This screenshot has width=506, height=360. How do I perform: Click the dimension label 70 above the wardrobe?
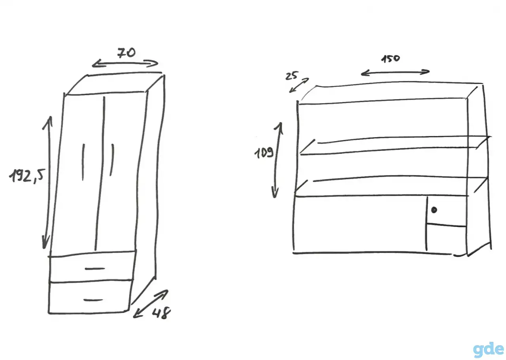126,53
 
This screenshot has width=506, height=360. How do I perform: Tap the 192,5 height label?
27,175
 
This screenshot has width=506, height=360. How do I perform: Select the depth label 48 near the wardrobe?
161,313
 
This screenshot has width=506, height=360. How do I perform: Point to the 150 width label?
391,59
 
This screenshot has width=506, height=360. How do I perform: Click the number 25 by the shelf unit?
292,76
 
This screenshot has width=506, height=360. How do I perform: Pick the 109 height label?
264,153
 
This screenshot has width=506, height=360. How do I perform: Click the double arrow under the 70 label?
125,64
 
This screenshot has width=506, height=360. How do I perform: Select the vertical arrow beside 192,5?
47,183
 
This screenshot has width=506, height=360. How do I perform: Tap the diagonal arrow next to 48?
151,304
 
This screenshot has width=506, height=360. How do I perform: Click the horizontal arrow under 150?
395,72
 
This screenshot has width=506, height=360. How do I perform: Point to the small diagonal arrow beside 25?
299,85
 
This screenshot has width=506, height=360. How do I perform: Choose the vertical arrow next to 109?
278,160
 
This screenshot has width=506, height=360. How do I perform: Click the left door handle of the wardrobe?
83,162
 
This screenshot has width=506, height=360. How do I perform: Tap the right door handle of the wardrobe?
112,160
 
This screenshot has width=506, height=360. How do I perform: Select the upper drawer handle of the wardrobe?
95,269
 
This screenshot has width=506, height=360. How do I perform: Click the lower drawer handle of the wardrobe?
93,300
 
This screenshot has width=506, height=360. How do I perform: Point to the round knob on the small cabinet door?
434,210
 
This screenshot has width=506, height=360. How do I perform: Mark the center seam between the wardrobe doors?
100,173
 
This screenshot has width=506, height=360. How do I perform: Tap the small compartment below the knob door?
447,238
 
